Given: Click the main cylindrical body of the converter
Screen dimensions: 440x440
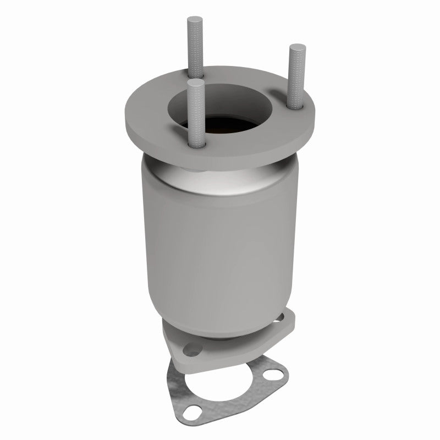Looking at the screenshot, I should coord(220,242).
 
